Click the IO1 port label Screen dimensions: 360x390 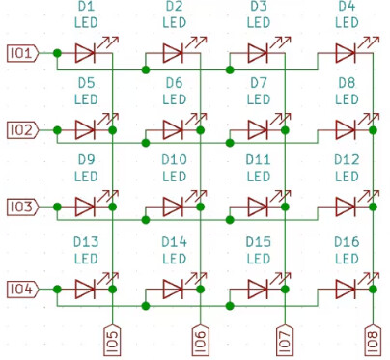point(22,52)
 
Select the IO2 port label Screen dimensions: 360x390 point(22,129)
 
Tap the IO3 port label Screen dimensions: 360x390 point(22,207)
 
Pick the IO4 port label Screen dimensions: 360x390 point(22,288)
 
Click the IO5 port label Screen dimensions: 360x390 point(114,339)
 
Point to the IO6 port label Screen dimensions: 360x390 point(200,339)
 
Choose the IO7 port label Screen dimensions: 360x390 point(285,339)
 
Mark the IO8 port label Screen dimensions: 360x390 point(374,339)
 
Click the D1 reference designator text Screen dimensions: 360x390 point(86,8)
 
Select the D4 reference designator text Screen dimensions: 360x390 point(347,8)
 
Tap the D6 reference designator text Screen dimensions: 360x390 point(173,83)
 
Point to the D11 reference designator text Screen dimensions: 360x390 point(258,160)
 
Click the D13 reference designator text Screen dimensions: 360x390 point(86,241)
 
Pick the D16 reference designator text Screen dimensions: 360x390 point(347,241)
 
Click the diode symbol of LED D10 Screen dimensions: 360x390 point(173,206)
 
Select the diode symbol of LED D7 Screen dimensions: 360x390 point(258,128)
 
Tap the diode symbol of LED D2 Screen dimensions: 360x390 point(173,52)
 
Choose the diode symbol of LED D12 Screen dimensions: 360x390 point(347,206)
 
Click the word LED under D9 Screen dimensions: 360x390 point(86,177)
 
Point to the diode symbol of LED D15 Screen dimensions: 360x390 point(258,288)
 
